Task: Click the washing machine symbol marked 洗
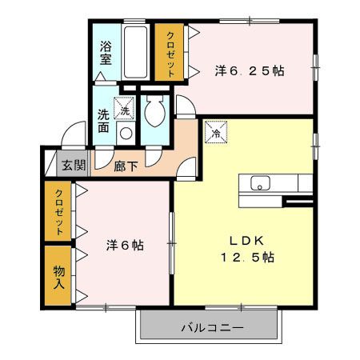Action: (125, 105)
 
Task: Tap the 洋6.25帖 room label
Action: (249, 70)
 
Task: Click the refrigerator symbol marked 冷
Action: (214, 133)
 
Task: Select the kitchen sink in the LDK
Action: (261, 183)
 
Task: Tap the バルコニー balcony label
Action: (211, 327)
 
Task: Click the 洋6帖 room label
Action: (125, 246)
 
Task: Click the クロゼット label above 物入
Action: (59, 210)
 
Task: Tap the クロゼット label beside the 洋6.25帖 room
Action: (170, 52)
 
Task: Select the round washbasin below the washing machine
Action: (124, 133)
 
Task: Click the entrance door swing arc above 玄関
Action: (74, 136)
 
